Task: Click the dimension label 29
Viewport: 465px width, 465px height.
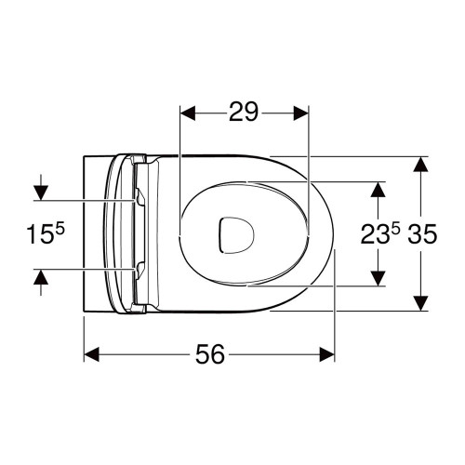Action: click(x=243, y=113)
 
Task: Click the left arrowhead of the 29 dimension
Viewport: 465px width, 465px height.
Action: click(x=185, y=113)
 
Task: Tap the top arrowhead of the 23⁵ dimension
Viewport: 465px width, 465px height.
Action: click(x=378, y=189)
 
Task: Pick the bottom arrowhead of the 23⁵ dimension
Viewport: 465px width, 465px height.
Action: click(x=378, y=279)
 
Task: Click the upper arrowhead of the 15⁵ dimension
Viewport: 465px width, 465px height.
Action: click(x=39, y=193)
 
